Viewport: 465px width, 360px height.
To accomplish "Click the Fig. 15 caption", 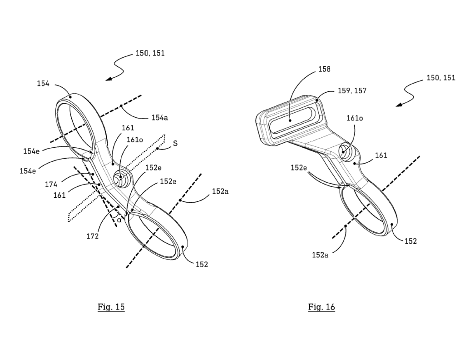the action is pos(111,306).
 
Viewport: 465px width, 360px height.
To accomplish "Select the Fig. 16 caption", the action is pos(322,306).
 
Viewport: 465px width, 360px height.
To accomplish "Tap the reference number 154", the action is pos(43,84).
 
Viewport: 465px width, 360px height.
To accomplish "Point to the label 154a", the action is pos(159,118).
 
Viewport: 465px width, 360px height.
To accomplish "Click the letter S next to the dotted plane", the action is pos(175,143).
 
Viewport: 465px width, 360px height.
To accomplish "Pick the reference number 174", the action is pos(51,185).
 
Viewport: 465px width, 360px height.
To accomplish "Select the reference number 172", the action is pos(93,236).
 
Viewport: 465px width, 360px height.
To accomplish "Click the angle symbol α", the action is pos(119,220).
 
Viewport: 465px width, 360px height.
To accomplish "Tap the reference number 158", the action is pos(324,69).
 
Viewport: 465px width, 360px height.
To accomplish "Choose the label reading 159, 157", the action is pos(352,90).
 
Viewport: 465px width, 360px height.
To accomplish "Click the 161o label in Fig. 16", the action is pos(355,118).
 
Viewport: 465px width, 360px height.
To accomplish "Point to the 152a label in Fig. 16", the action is pos(320,255).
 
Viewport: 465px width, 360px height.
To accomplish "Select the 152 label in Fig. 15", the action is pos(202,264).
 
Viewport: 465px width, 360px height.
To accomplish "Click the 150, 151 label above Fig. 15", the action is pos(150,53).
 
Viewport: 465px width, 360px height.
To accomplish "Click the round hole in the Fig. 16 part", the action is pos(345,151).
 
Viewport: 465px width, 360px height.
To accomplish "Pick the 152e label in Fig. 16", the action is pos(299,168).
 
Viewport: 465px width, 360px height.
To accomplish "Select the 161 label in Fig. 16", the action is pos(381,155).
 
